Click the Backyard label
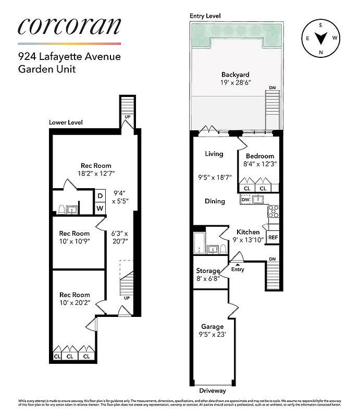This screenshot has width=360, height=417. coord(235,75)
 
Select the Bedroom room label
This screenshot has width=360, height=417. coord(259,156)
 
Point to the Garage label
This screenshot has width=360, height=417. coord(212,327)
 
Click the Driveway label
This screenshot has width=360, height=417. coord(213,390)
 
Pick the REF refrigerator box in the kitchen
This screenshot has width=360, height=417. coord(272,237)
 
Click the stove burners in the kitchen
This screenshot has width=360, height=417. coord(273,211)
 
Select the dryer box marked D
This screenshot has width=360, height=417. coord(100,196)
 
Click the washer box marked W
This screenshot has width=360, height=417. coord(100,208)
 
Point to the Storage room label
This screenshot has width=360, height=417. coord(207,271)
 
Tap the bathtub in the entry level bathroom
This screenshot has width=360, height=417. coord(200,243)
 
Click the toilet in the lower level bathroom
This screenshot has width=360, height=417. coord(62,210)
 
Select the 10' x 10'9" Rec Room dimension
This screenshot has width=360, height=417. coord(74,242)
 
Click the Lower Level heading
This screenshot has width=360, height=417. coord(66,122)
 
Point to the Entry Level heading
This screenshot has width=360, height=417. coord(206,16)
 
